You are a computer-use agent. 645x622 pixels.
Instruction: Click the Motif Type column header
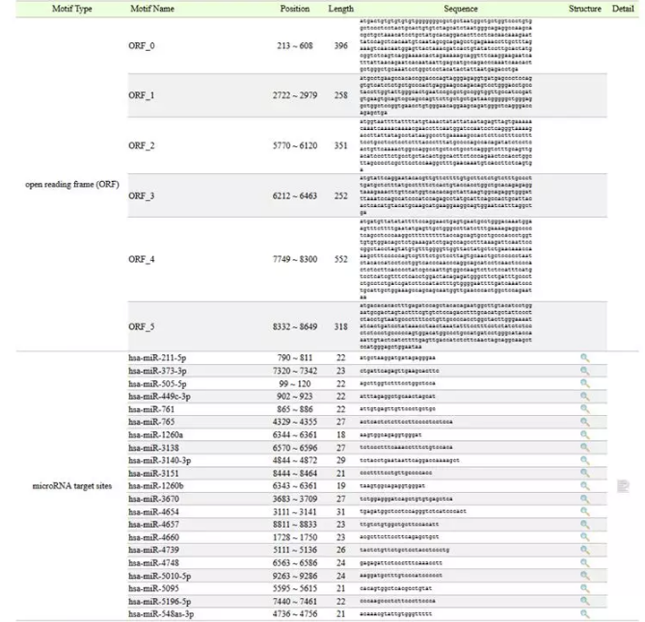(x=69, y=8)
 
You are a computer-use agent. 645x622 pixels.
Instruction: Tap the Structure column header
(x=583, y=8)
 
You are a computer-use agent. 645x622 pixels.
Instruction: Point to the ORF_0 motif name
(x=141, y=46)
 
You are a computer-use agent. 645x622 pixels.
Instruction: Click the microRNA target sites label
(x=69, y=485)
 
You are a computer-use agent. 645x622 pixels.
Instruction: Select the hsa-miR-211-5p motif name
(x=159, y=357)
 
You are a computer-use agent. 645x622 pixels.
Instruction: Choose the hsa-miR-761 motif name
(x=149, y=408)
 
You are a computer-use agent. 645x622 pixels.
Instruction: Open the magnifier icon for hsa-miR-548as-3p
(x=583, y=613)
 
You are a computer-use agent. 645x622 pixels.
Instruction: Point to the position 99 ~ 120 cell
(x=294, y=382)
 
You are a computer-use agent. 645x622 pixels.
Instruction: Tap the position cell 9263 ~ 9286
(x=294, y=575)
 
